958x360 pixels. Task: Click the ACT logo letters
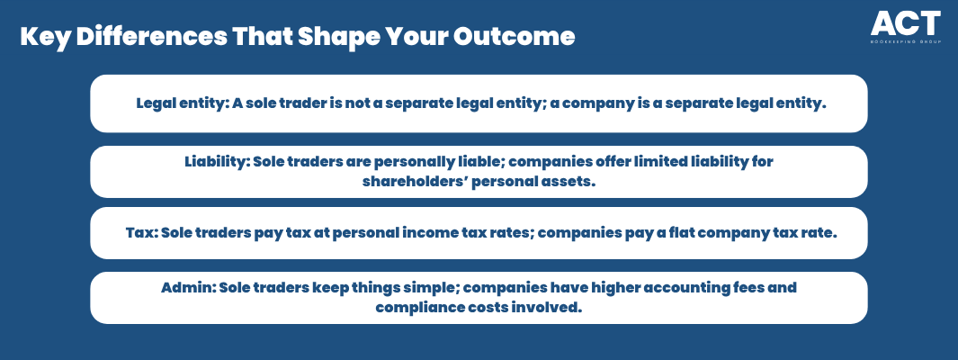(x=906, y=23)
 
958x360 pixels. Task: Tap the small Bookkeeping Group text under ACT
(x=906, y=41)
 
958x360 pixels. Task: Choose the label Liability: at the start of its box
(x=216, y=162)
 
